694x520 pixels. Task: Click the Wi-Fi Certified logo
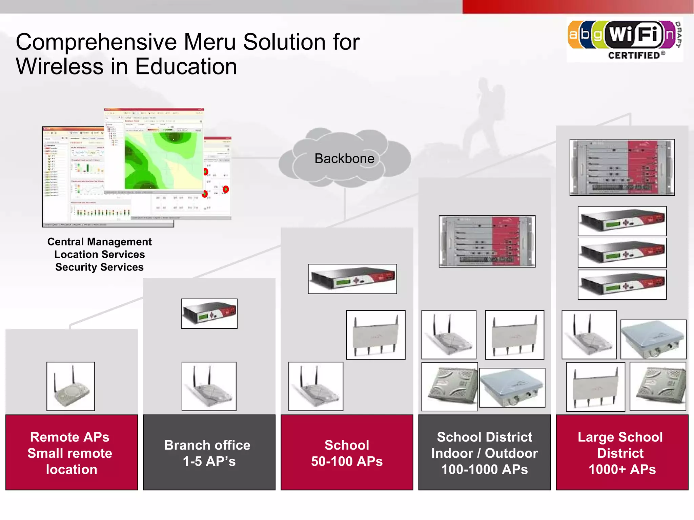(625, 40)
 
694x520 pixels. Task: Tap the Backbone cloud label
(344, 159)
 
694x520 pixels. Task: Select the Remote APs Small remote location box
(72, 452)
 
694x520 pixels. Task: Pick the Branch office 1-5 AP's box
(209, 452)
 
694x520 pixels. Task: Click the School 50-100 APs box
(347, 452)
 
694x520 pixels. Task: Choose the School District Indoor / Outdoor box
(484, 452)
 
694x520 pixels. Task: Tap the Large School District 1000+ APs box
(622, 452)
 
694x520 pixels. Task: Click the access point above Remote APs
(70, 386)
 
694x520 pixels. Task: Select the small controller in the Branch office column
(209, 313)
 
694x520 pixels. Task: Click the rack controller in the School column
(352, 279)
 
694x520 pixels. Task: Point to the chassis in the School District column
(487, 241)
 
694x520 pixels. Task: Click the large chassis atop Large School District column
(622, 167)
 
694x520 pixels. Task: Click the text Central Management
(99, 242)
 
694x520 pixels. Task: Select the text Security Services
(99, 267)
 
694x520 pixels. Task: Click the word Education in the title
(186, 66)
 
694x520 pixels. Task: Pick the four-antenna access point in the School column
(375, 335)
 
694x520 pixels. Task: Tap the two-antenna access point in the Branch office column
(209, 386)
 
